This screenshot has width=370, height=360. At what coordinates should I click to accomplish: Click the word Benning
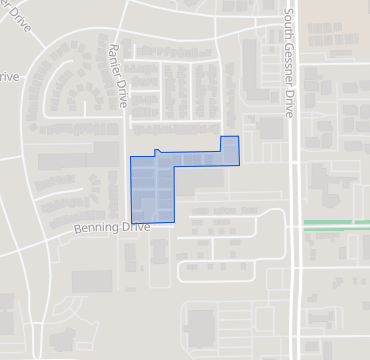96,229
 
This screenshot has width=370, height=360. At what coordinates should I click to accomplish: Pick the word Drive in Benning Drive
134,227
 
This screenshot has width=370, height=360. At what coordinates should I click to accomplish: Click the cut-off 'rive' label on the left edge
8,77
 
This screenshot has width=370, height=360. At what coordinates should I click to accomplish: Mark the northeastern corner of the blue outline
238,137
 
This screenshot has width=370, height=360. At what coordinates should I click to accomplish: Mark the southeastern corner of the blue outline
175,221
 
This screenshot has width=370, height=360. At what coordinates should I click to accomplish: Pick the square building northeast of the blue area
270,128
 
